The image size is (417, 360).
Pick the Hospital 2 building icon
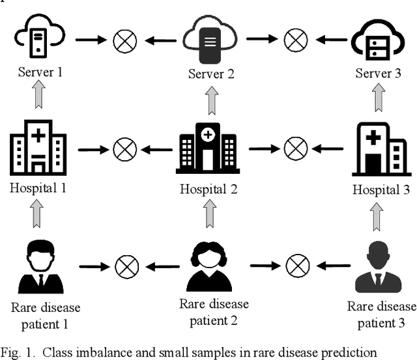207,150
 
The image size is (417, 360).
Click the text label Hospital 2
208,189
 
